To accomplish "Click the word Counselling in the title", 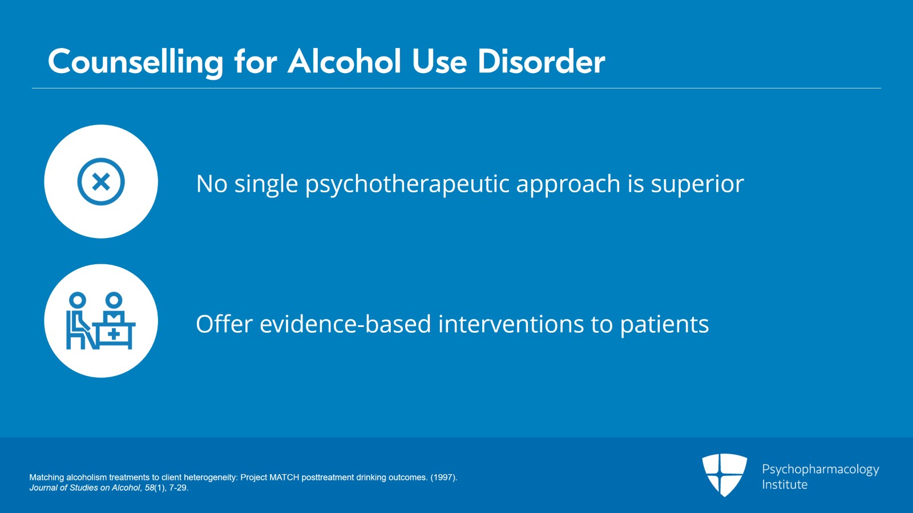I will coord(135,62).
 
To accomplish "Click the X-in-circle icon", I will coord(101,181).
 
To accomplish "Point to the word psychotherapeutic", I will coord(407,184).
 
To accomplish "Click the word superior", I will coord(697,184).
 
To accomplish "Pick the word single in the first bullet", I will coord(266,184).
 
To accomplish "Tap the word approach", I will coord(568,184).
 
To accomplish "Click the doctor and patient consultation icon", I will coord(101,321).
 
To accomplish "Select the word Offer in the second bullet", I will coord(224,324).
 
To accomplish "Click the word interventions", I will coord(511,324).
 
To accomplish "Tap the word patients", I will coord(664,324).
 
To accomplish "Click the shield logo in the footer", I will coord(724,474).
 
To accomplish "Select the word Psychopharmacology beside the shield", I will coord(820,469).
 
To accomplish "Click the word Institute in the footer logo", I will coord(785,484).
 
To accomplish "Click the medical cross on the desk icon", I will coord(114,334).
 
